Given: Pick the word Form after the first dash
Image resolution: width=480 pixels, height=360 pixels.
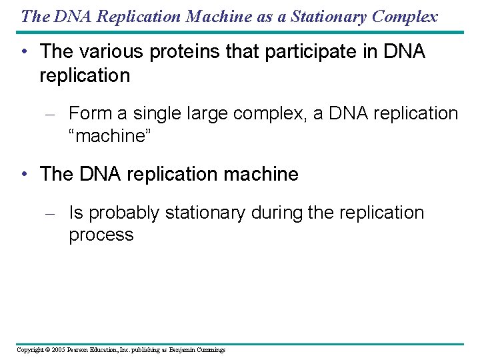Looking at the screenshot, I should click(x=89, y=114).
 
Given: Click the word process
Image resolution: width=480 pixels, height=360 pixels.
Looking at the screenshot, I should click(x=101, y=235).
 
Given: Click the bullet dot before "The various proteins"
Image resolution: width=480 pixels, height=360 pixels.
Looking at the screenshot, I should click(x=24, y=52).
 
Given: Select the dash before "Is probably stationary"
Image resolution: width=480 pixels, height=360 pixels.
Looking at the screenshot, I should click(x=49, y=214).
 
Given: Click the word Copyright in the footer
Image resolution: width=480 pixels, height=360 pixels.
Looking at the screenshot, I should click(x=29, y=350).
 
